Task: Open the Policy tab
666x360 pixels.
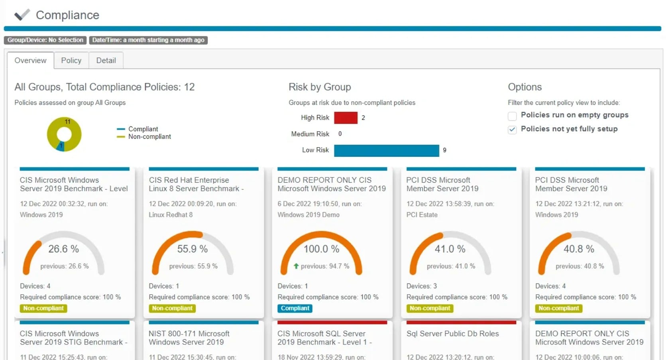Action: click(x=71, y=61)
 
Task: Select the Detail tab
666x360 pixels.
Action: click(x=106, y=61)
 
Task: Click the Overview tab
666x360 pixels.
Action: click(x=30, y=61)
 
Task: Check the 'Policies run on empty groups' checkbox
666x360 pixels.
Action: click(x=512, y=116)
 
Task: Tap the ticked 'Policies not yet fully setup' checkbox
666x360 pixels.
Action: click(x=512, y=130)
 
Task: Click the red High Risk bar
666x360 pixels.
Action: click(x=346, y=118)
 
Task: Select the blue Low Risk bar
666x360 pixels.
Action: click(x=386, y=150)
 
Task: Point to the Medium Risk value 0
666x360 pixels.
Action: click(x=340, y=134)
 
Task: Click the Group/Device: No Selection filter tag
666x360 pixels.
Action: click(x=45, y=40)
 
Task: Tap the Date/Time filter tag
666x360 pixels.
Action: click(x=148, y=40)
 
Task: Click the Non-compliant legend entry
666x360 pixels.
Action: click(x=149, y=137)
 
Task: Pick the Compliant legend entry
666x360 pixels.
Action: click(x=143, y=129)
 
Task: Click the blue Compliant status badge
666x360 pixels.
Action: click(x=295, y=308)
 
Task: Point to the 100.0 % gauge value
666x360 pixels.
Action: click(x=321, y=249)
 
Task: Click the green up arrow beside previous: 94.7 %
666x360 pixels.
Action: click(x=296, y=266)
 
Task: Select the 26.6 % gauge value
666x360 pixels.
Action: click(x=64, y=249)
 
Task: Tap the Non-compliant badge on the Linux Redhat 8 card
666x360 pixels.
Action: click(x=172, y=308)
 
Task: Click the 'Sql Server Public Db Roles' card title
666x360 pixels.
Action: click(x=452, y=334)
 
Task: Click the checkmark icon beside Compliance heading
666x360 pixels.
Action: click(x=22, y=15)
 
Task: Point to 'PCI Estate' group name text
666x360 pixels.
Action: click(x=422, y=215)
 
